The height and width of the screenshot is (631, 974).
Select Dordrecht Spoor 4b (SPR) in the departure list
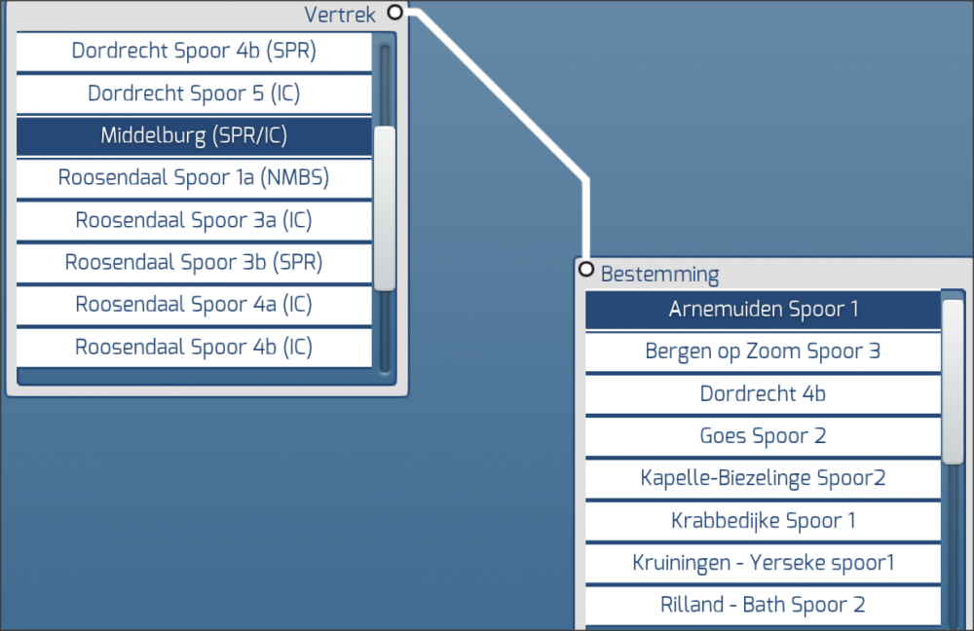(194, 52)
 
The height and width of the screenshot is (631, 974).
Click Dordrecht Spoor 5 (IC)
(194, 94)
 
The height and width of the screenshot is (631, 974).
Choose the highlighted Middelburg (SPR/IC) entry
(194, 136)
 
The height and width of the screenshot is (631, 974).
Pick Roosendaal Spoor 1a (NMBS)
(194, 178)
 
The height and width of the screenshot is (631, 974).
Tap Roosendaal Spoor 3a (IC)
(194, 221)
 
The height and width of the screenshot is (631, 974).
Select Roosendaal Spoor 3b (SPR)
(194, 263)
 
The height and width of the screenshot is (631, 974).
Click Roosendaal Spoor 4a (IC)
(194, 305)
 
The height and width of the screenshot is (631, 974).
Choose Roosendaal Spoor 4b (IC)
(194, 348)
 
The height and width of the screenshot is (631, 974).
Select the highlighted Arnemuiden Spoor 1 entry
(763, 310)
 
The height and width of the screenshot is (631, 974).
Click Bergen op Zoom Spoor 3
(763, 352)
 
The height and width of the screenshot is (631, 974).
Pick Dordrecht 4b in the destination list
(763, 394)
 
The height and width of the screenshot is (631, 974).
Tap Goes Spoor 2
(763, 436)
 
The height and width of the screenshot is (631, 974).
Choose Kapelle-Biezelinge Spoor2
(763, 478)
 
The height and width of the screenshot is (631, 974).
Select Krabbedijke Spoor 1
(763, 521)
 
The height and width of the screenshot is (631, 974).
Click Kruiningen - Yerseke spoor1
(763, 563)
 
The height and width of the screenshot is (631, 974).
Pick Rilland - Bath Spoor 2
(763, 605)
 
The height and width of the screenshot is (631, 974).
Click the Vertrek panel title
(340, 15)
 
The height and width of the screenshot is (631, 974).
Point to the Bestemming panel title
(659, 274)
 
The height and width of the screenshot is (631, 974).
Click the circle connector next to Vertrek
(394, 12)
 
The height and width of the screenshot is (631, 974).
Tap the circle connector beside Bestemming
(585, 269)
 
